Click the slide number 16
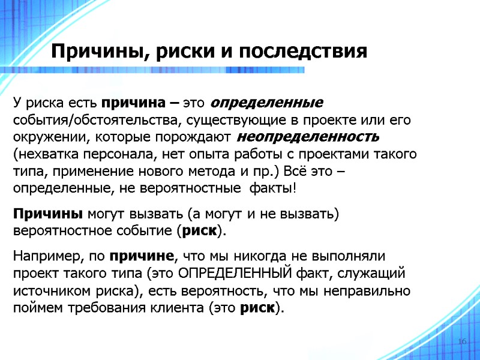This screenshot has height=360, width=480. pyautogui.click(x=462, y=341)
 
